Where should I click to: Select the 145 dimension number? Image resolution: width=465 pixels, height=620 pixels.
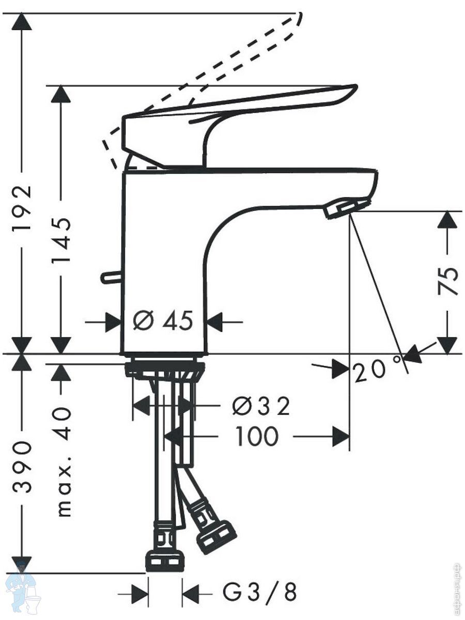60,241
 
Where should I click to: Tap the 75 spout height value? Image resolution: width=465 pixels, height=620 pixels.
447,281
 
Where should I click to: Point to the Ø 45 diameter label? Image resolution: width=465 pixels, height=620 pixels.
163,321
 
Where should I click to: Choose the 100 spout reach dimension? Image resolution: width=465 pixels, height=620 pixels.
257,437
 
